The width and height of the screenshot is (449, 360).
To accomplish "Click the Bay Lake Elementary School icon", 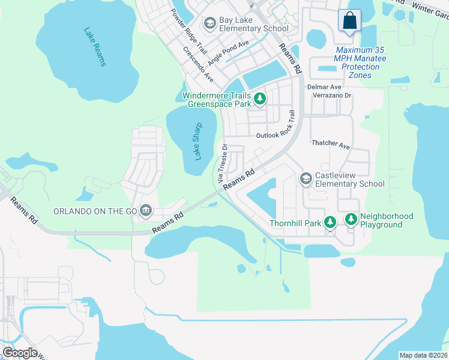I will tap(210, 23).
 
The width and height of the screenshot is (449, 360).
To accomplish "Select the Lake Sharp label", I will tap(198, 141).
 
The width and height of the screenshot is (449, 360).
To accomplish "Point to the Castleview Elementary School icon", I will tap(306, 179).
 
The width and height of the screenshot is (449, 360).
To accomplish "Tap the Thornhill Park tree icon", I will tap(330, 223).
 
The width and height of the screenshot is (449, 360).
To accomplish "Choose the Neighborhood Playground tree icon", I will tap(351, 220).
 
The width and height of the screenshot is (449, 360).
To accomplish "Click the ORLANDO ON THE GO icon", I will tap(146, 211).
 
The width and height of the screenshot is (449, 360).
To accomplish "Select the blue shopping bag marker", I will tap(349, 22).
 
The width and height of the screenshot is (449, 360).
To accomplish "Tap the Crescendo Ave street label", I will tap(198, 65).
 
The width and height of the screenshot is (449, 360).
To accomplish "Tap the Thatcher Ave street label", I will tap(330, 145).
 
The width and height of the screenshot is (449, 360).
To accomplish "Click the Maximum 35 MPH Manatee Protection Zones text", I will tap(360, 63).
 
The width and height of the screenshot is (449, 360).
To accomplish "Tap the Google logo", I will tap(20, 352).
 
